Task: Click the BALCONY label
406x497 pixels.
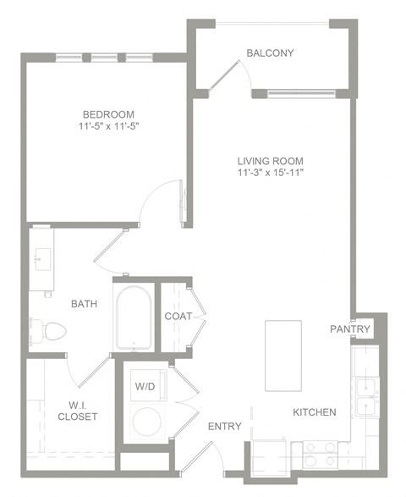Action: [270, 53]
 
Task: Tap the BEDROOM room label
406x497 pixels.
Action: [107, 114]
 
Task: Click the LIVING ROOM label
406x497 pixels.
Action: [270, 161]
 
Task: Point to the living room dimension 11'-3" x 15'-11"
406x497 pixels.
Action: [270, 174]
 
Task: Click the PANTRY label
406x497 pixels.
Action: [350, 329]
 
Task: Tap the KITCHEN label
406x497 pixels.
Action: [315, 412]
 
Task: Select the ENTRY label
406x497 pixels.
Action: [225, 426]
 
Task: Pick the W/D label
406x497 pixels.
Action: [144, 386]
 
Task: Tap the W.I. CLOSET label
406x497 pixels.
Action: [78, 410]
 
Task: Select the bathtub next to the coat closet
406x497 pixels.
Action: [134, 318]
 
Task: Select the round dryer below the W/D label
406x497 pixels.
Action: [149, 422]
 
